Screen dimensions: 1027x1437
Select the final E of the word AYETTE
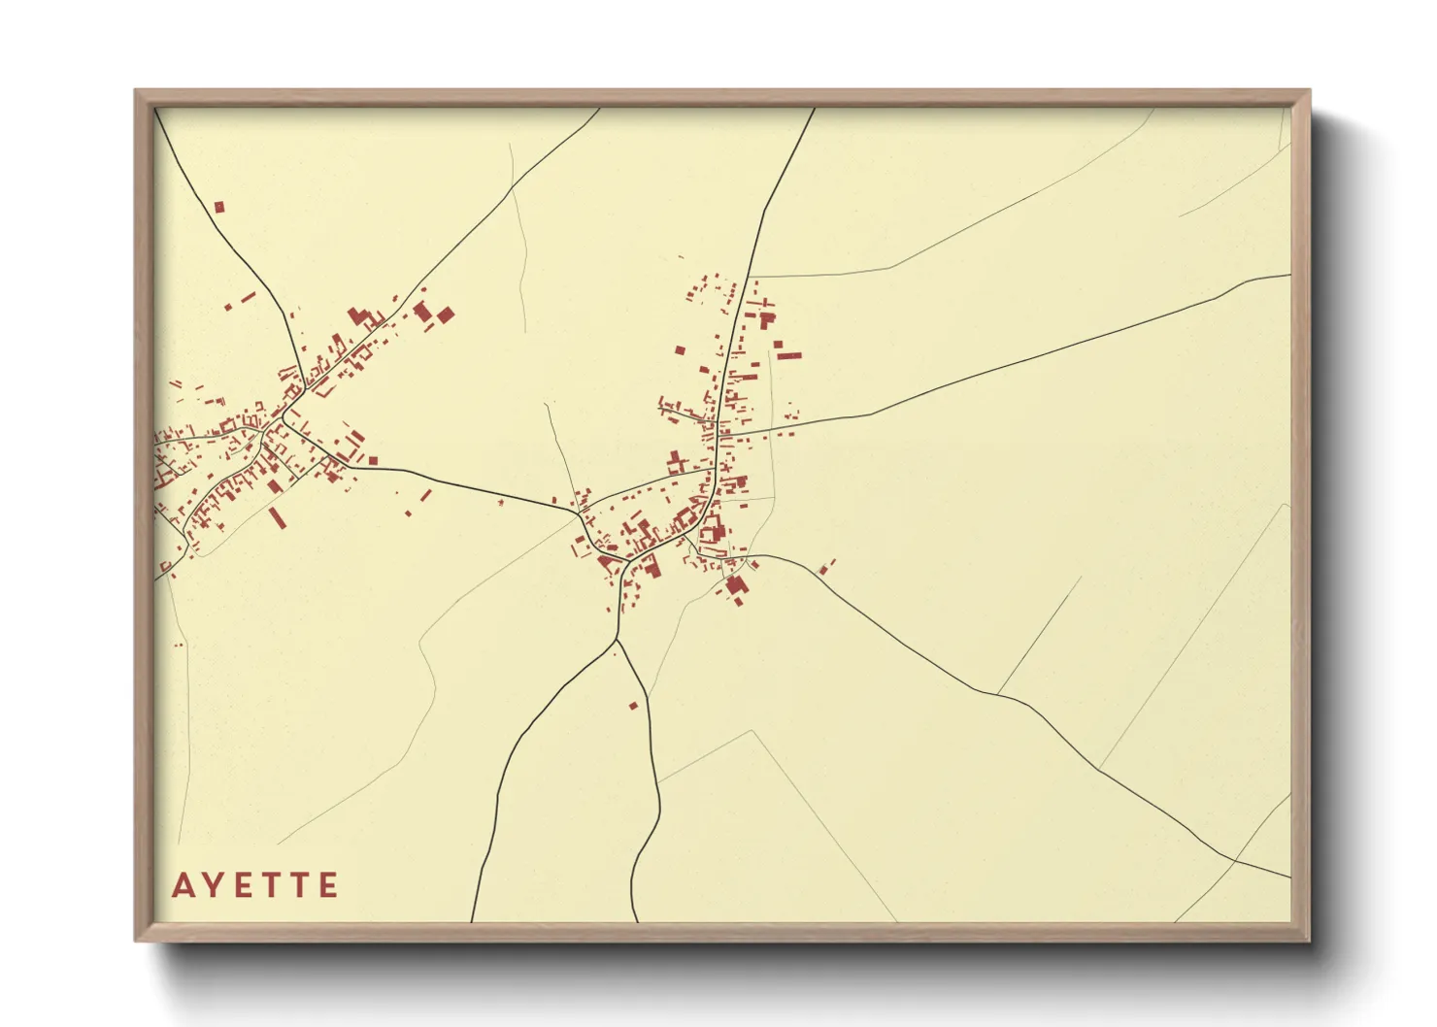tap(329, 885)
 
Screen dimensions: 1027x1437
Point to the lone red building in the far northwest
tap(219, 207)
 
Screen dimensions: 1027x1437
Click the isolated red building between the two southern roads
tap(634, 705)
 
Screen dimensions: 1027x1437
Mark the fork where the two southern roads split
tap(617, 640)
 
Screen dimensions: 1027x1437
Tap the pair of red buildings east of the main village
tap(827, 567)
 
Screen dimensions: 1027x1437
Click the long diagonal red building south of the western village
tap(278, 516)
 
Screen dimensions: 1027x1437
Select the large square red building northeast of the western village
tap(446, 315)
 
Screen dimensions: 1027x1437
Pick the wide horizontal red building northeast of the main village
tap(789, 355)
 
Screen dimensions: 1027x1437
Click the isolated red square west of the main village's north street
tap(680, 349)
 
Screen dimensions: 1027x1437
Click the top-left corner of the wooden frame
tap(136, 91)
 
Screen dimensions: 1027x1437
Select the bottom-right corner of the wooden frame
tap(1309, 940)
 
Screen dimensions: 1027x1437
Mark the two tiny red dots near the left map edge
tap(178, 645)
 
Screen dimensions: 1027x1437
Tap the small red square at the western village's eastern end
tap(372, 460)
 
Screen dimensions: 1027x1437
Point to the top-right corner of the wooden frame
tap(1309, 91)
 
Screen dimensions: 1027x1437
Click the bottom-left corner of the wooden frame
tap(136, 940)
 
